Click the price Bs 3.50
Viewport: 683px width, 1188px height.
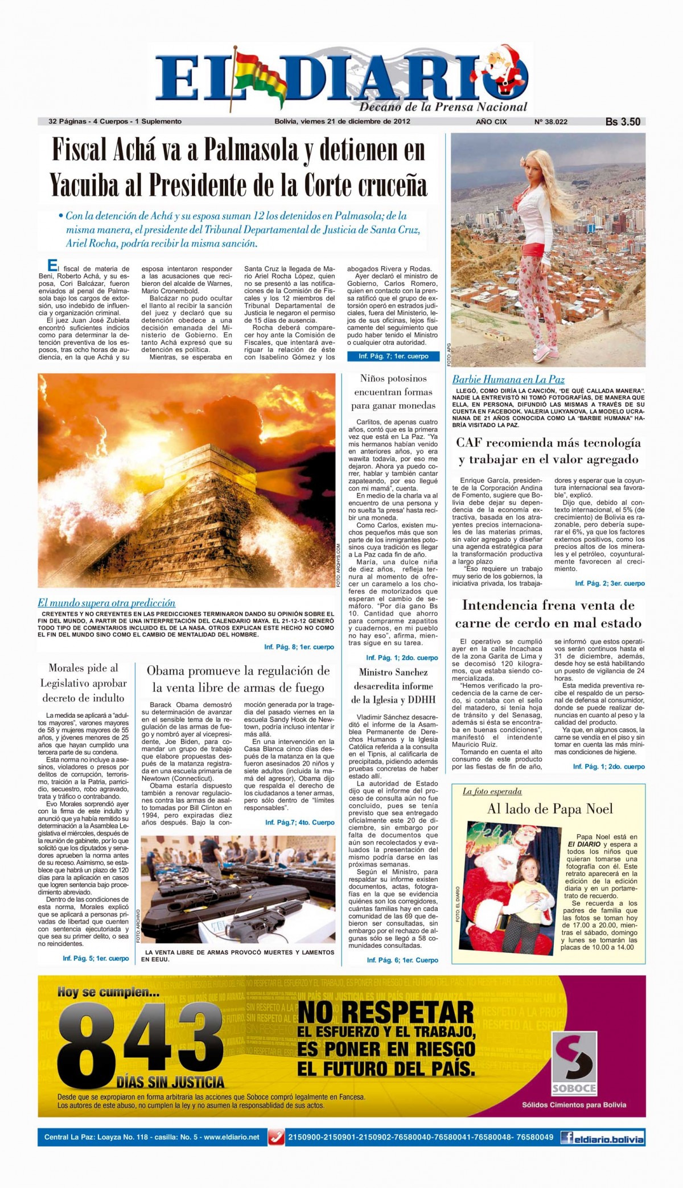coord(623,121)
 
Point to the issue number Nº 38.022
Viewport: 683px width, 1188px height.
coord(550,121)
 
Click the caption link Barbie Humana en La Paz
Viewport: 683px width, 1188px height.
coord(508,379)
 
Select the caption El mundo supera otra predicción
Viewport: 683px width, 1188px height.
coord(106,603)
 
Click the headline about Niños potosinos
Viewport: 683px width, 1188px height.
coord(393,392)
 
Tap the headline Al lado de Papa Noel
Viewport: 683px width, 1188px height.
coord(550,809)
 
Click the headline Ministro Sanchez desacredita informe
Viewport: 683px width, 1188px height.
coord(393,686)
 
